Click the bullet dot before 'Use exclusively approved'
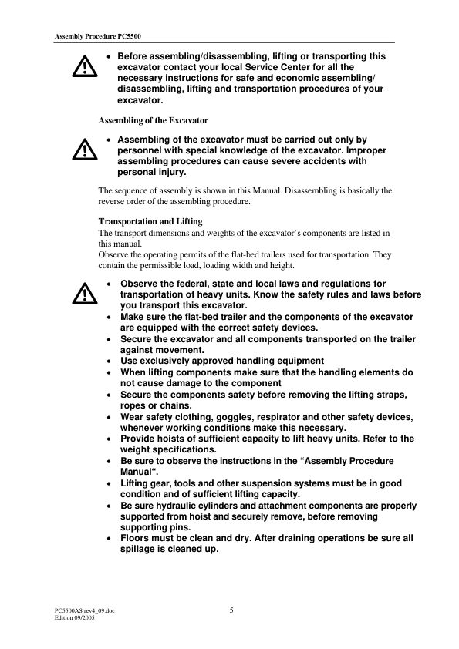(112, 361)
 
